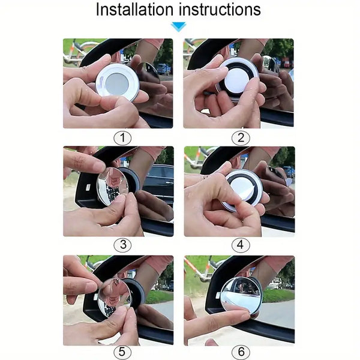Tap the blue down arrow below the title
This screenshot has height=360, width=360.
[x=178, y=26]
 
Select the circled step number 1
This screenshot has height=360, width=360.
[x=123, y=138]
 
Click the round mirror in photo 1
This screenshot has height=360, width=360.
[x=118, y=82]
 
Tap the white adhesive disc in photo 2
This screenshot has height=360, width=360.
[x=239, y=77]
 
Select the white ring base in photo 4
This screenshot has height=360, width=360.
[x=243, y=188]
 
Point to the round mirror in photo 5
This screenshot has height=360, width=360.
[x=114, y=297]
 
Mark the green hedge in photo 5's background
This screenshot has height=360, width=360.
[x=159, y=296]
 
